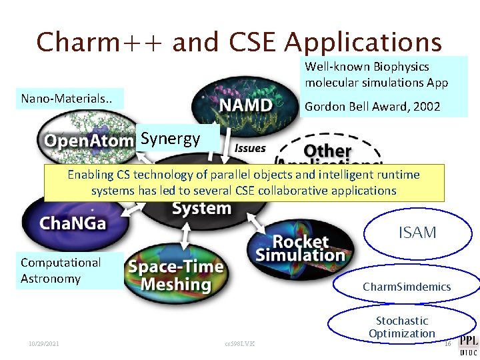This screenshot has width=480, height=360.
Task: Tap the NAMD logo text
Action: coord(245,105)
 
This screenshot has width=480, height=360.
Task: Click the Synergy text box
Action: coord(171,139)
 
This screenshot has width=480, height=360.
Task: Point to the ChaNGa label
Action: coord(73,223)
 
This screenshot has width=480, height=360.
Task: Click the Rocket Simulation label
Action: coord(301,248)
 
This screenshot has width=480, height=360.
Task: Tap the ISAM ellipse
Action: coord(417,233)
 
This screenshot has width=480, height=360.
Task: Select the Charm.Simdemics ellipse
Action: coord(407,287)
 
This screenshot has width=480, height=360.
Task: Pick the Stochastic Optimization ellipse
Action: coord(401,327)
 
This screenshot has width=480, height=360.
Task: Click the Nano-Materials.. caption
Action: coord(67,99)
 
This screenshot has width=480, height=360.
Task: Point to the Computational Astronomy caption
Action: coord(61,271)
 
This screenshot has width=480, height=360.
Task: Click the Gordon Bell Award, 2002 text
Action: coord(372,107)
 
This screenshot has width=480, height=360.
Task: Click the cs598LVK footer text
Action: coord(240,344)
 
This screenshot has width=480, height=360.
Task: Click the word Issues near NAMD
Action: coord(250,149)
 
